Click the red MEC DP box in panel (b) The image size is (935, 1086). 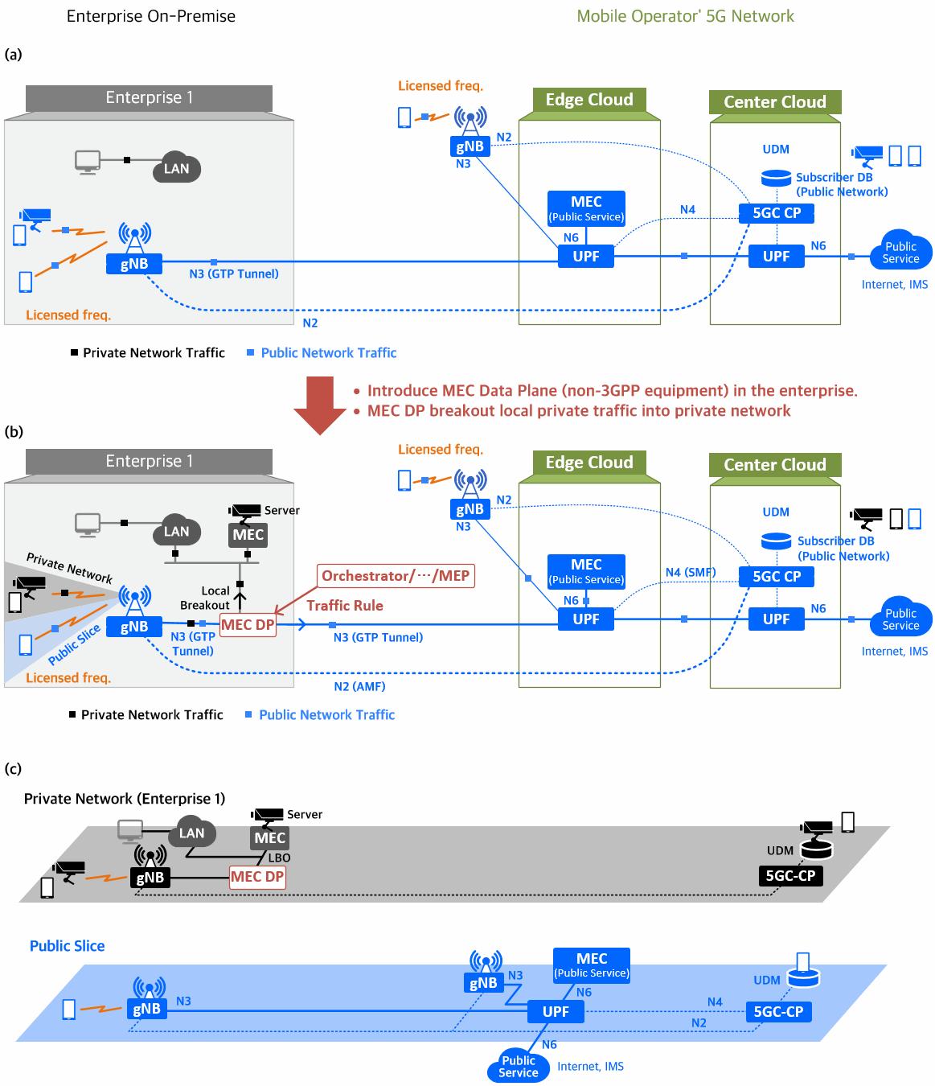pyautogui.click(x=248, y=625)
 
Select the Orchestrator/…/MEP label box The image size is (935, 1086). pyautogui.click(x=395, y=576)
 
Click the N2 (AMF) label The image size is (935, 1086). pyautogui.click(x=359, y=686)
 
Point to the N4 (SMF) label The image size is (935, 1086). pyautogui.click(x=690, y=573)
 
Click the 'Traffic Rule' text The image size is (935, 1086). pyautogui.click(x=345, y=606)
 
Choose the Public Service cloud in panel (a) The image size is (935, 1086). pyautogui.click(x=900, y=253)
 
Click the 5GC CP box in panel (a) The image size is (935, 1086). pyautogui.click(x=776, y=214)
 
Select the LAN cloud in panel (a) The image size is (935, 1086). pyautogui.click(x=177, y=167)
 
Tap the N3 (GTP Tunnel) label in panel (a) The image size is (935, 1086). pyautogui.click(x=234, y=274)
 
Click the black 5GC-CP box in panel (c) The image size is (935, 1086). pyautogui.click(x=790, y=875)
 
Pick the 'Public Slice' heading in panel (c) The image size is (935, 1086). pyautogui.click(x=68, y=946)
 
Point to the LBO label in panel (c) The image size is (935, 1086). pyautogui.click(x=279, y=858)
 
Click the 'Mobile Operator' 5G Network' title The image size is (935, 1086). pyautogui.click(x=685, y=16)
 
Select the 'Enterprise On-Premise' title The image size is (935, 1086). pyautogui.click(x=151, y=16)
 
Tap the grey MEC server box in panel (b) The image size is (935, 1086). pyautogui.click(x=248, y=535)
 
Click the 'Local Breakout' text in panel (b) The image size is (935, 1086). pyautogui.click(x=206, y=598)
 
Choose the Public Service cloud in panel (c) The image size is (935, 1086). pyautogui.click(x=519, y=1066)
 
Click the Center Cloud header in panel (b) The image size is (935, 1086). pyautogui.click(x=775, y=465)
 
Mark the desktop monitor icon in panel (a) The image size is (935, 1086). pyautogui.click(x=87, y=160)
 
